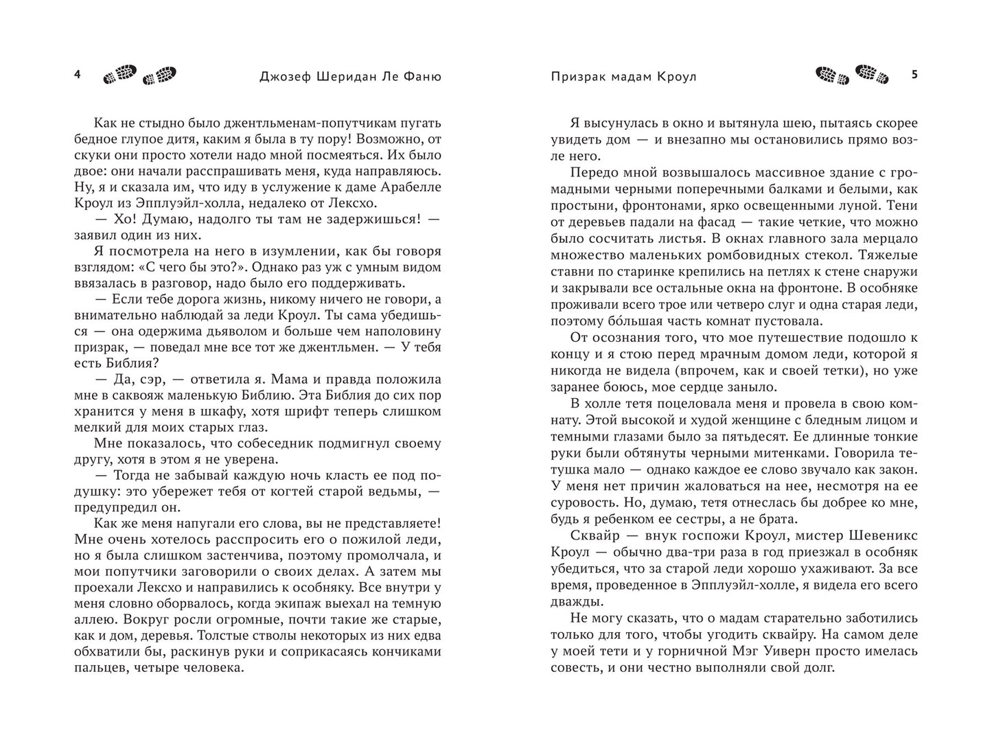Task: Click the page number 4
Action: point(78,76)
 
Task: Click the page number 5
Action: point(914,76)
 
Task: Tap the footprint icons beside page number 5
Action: point(851,76)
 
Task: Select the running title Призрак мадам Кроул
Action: point(623,77)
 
